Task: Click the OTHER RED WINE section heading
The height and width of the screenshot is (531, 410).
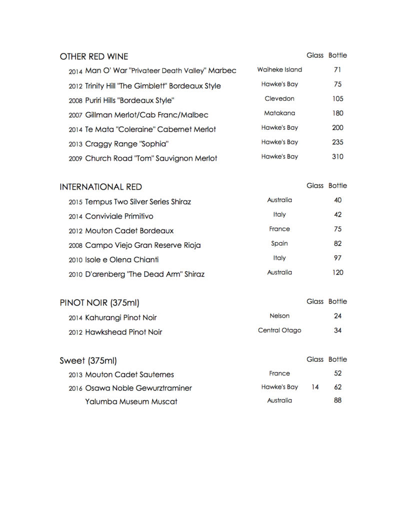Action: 93,57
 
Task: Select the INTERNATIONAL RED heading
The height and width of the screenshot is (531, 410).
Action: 100,187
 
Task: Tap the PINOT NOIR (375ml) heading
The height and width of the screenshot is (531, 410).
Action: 99,303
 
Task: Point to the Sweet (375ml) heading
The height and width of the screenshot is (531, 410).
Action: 88,360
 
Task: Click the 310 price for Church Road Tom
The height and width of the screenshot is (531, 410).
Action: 337,157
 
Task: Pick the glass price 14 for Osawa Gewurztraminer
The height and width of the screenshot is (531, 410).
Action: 315,387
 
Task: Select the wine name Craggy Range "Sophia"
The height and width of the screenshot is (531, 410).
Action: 126,144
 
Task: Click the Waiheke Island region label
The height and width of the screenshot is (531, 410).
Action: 279,70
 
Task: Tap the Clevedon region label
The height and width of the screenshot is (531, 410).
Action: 279,99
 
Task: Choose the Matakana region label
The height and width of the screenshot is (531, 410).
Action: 279,113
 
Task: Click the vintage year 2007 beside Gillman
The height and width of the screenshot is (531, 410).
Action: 75,116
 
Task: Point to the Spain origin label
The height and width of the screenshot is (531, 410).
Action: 279,243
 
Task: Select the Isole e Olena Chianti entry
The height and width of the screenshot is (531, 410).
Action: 121,260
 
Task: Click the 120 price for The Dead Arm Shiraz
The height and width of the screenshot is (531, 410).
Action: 337,273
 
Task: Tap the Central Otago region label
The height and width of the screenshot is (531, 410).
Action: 279,330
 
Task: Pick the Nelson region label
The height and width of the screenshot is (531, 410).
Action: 279,316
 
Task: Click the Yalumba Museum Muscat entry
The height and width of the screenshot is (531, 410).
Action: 131,401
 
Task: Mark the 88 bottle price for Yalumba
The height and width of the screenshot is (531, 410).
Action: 337,400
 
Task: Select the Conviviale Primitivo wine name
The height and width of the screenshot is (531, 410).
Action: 119,216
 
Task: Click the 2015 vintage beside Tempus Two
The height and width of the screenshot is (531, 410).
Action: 75,202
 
